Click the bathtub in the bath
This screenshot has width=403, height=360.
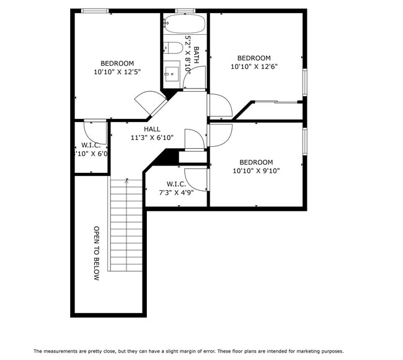[x=184, y=25]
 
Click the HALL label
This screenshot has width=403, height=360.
[x=152, y=129]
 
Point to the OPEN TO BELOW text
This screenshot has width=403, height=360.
[x=97, y=253]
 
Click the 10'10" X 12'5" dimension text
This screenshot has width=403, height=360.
[x=117, y=72]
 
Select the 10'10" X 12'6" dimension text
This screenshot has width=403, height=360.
[x=254, y=67]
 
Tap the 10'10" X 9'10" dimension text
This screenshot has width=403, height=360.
[x=256, y=171]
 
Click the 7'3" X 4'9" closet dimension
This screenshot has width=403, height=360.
[x=176, y=193]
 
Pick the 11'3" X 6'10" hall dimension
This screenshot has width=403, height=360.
[x=152, y=138]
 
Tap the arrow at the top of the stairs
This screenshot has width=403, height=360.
[x=126, y=181]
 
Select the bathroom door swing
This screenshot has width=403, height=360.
[x=195, y=77]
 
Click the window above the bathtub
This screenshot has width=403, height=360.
[x=185, y=11]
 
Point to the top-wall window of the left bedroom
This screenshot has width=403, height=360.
[x=95, y=11]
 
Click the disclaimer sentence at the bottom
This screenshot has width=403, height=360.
[x=188, y=351]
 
